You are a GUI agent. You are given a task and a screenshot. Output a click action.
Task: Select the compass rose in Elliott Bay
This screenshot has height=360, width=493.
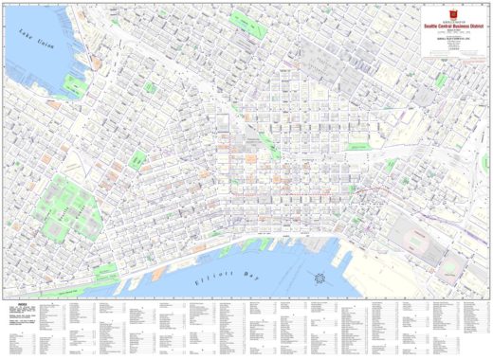coord(321,279)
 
